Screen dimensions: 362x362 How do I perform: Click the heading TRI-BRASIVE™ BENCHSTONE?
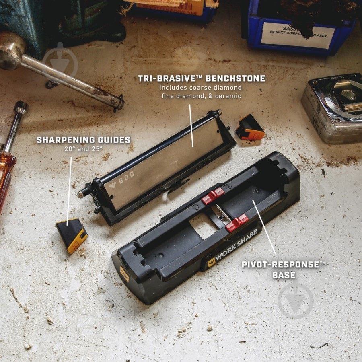201,78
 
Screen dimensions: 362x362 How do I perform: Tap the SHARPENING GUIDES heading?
83,140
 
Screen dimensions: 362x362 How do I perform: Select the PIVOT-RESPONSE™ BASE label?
285,270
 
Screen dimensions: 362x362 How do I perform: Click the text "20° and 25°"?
84,149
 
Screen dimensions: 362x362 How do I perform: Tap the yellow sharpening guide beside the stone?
72,235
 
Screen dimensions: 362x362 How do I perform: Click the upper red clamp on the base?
213,195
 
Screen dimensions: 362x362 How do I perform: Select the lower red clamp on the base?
237,222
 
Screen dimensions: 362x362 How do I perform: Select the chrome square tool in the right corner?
333,106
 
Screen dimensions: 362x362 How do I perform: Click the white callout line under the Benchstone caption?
191,125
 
